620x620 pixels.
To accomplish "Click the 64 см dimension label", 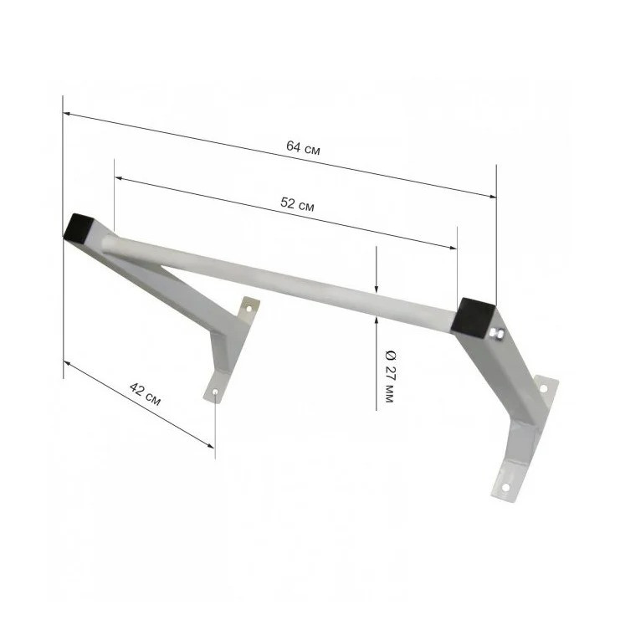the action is pyautogui.click(x=303, y=148).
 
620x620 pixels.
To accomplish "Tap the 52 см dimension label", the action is pyautogui.click(x=297, y=204).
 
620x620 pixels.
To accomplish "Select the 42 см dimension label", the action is pyautogui.click(x=145, y=394).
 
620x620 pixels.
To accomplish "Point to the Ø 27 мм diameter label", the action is pyautogui.click(x=390, y=377).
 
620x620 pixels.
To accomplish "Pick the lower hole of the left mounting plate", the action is pyautogui.click(x=216, y=392).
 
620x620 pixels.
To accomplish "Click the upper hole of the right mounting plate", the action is pyautogui.click(x=543, y=389).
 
